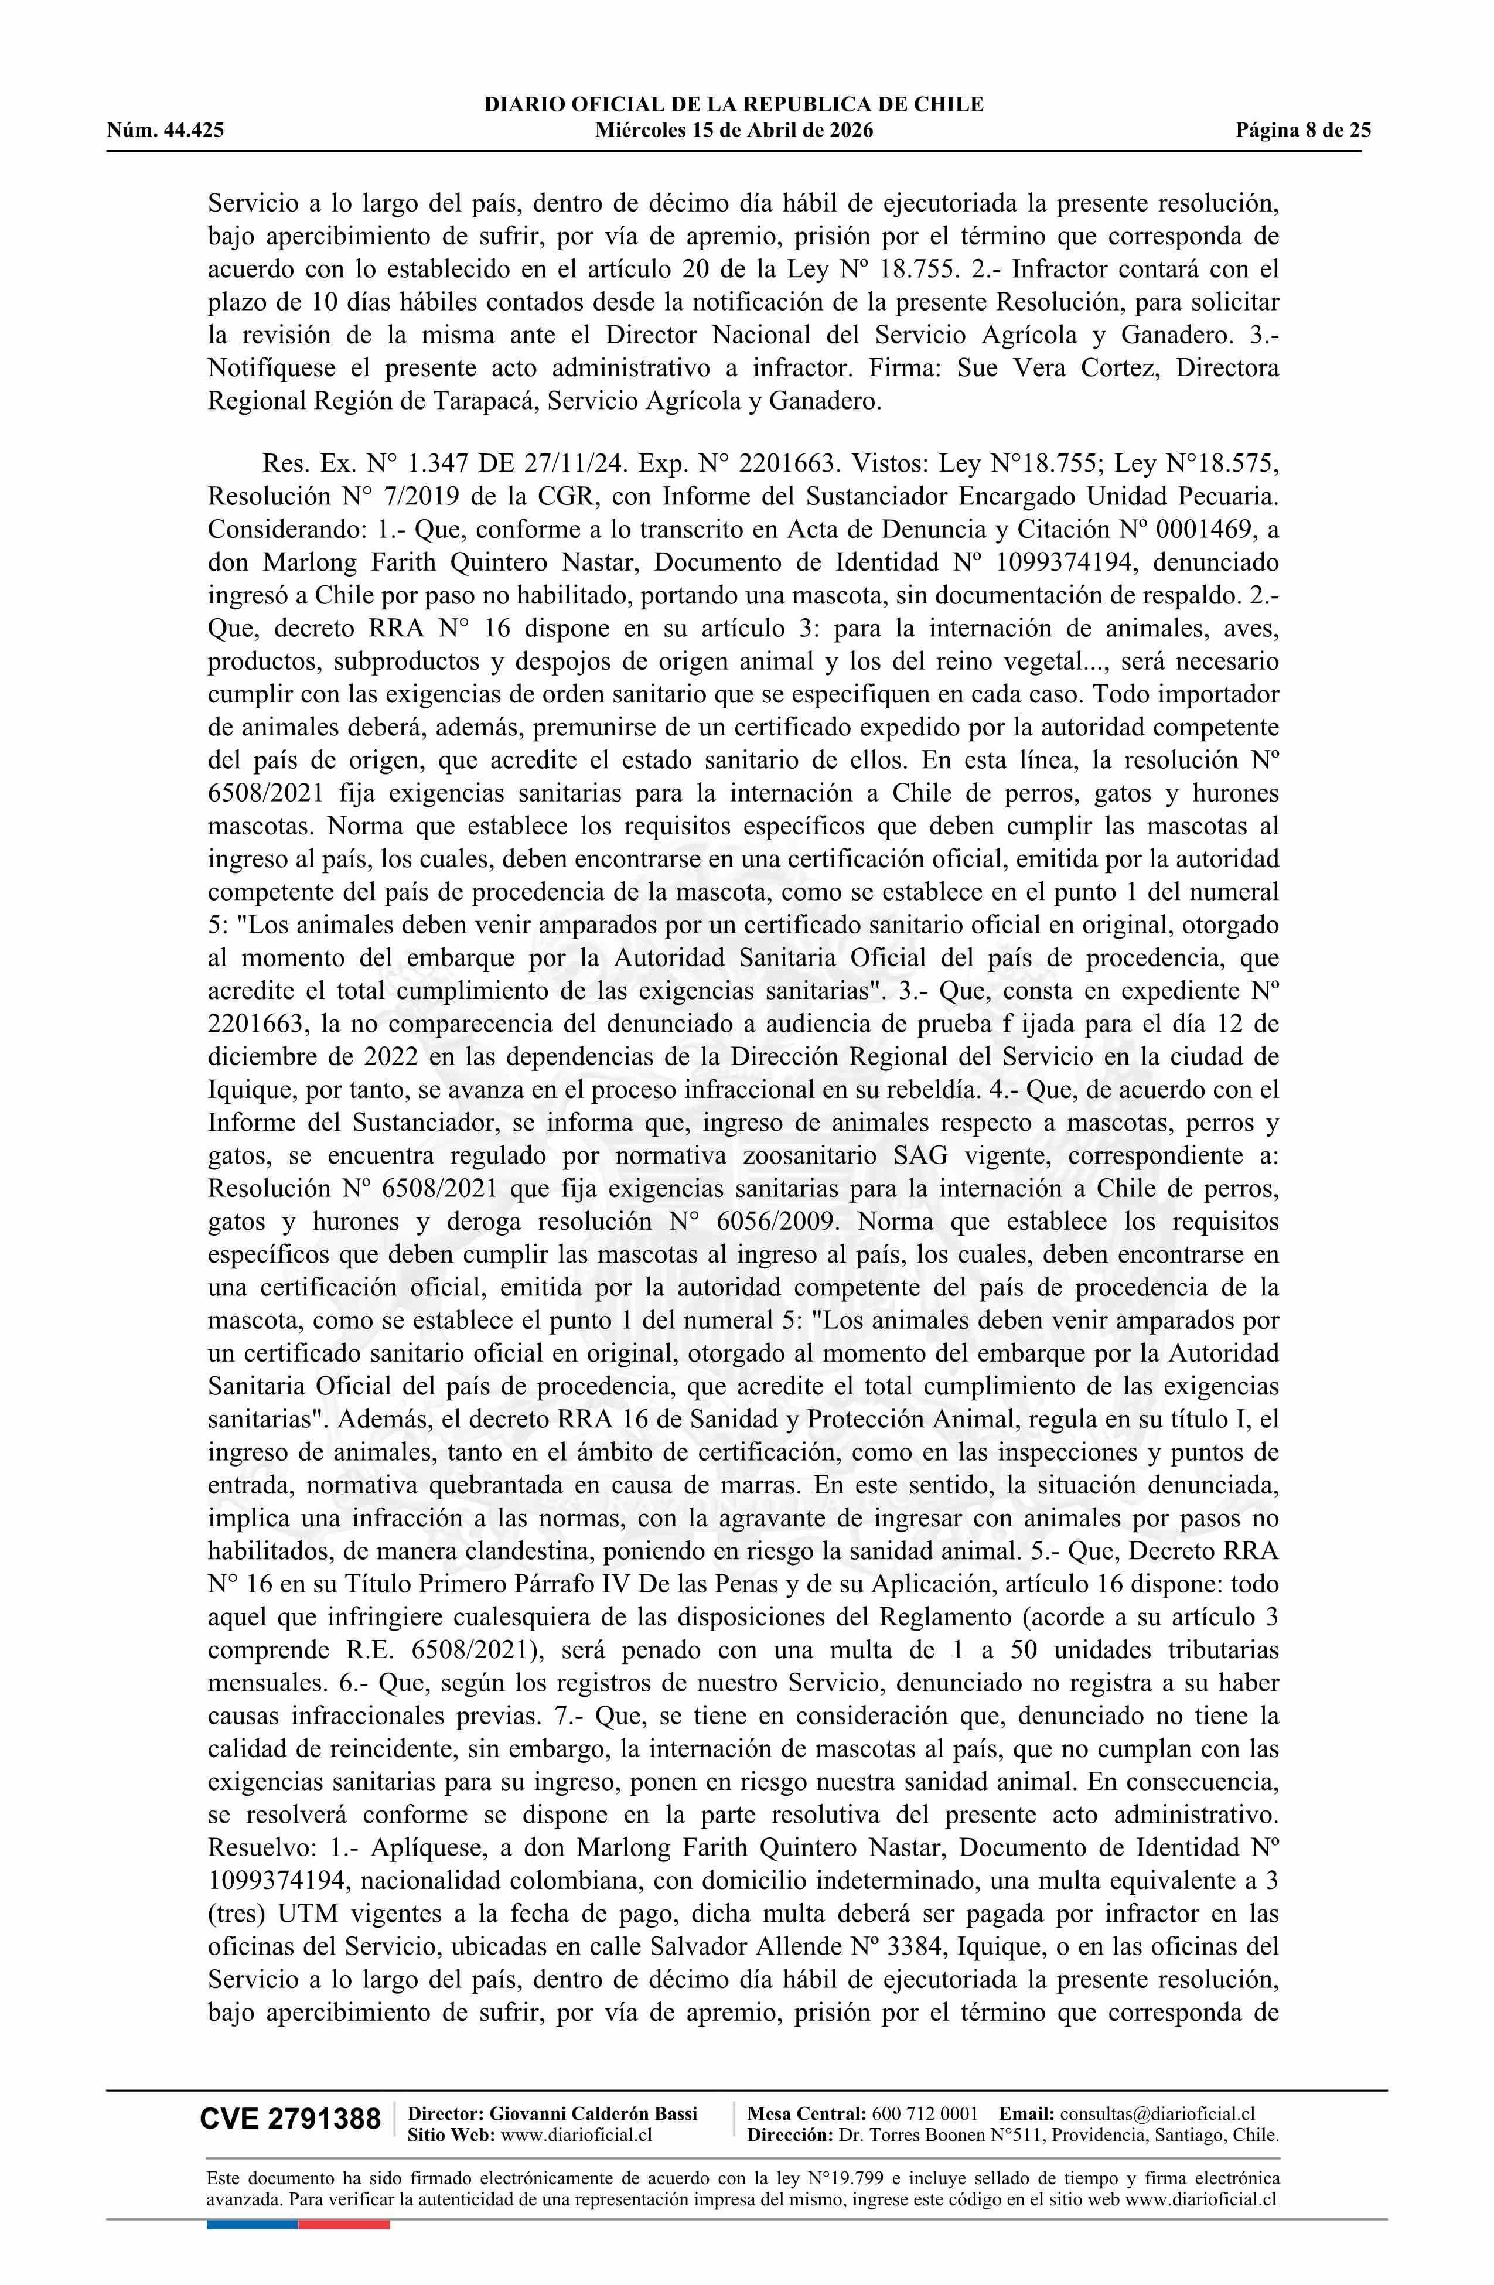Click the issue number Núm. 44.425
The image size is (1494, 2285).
click(165, 131)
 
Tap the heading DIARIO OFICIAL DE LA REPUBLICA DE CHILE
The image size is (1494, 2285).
click(734, 105)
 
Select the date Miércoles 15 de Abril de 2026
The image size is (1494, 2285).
click(734, 131)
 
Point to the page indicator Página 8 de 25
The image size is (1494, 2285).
click(1303, 131)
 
